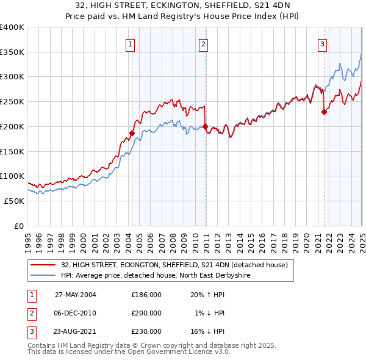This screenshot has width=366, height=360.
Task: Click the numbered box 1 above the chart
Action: (x=131, y=43)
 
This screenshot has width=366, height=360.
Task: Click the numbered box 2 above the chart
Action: (x=203, y=43)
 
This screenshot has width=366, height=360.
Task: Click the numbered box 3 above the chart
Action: (x=322, y=43)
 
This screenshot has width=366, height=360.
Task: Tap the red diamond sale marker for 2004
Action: (x=132, y=133)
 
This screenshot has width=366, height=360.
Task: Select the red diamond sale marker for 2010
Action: (x=205, y=127)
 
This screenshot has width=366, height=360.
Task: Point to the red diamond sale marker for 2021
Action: (x=325, y=112)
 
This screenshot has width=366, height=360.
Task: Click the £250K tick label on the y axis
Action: (x=12, y=102)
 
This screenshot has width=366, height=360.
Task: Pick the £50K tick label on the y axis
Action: (x=14, y=201)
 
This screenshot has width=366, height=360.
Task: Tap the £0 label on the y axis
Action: (x=18, y=226)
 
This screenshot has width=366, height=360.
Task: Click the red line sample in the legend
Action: (x=43, y=265)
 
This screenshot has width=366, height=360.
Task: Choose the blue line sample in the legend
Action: (x=43, y=275)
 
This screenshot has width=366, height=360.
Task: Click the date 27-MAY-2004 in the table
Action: (x=76, y=295)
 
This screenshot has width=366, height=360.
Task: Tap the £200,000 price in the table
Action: (x=146, y=313)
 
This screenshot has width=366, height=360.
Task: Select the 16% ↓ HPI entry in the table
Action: (x=208, y=331)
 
